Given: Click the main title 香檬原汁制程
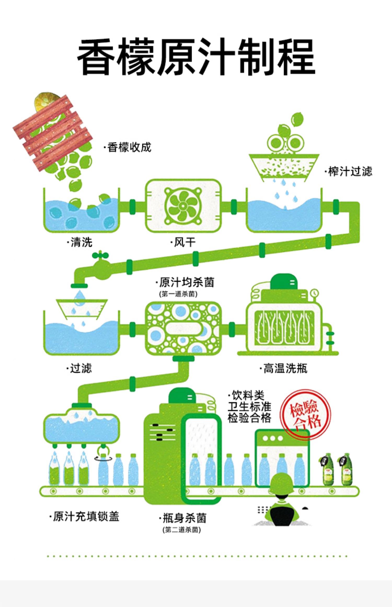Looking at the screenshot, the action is pyautogui.click(x=196, y=56).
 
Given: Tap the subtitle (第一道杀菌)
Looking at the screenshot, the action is pyautogui.click(x=178, y=294).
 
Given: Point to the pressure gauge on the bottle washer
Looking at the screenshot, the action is pyautogui.click(x=315, y=293).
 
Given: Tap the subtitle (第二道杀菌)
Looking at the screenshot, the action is pyautogui.click(x=182, y=530).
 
